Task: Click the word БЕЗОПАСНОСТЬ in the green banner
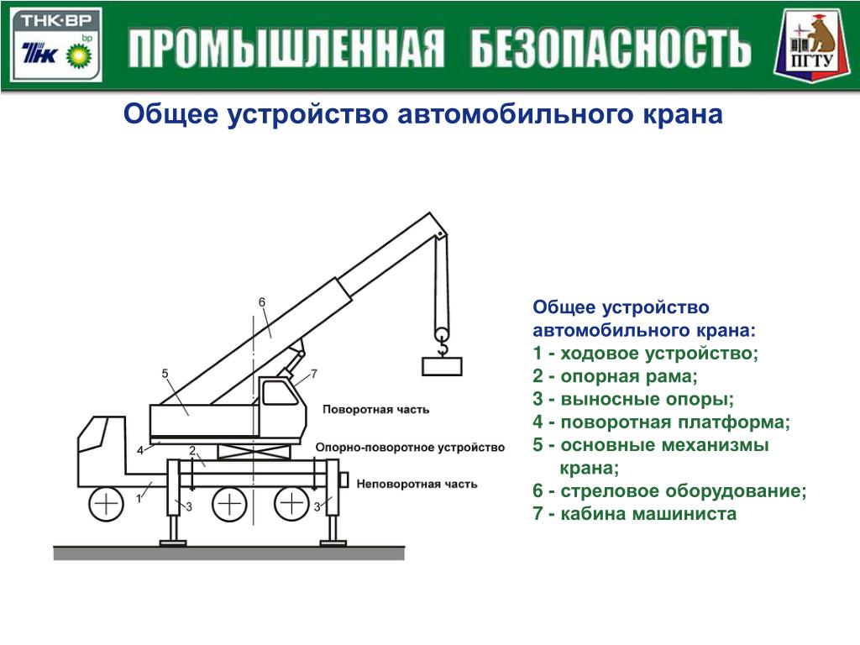[x=610, y=50]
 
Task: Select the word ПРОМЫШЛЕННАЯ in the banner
[x=286, y=50]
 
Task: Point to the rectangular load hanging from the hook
[x=442, y=365]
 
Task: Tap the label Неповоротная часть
[x=417, y=484]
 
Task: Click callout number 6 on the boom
[x=261, y=302]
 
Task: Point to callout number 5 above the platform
[x=165, y=373]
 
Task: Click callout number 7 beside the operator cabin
[x=313, y=373]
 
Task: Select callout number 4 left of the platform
[x=140, y=451]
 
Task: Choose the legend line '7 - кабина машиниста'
[x=634, y=514]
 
